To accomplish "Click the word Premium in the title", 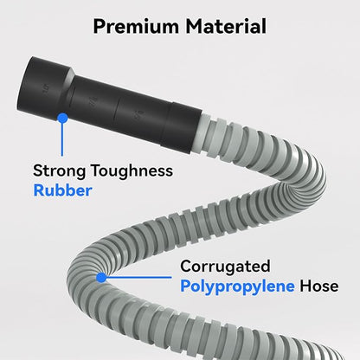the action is (136, 26).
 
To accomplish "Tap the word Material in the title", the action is (226, 26).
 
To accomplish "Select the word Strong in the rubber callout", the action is (60, 170).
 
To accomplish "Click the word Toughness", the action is (132, 170).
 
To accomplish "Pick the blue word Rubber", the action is (62, 190).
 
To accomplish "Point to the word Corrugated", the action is (225, 267).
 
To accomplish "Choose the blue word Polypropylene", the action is (237, 286).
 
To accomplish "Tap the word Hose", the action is (319, 286).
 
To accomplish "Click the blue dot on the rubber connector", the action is (62, 118).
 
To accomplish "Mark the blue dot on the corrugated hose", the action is (101, 278).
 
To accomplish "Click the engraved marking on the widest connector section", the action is (45, 87).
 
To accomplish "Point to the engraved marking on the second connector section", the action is (93, 101).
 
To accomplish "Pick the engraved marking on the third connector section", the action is (136, 116).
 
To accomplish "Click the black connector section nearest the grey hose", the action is (181, 128).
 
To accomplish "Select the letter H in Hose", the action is (305, 286).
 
